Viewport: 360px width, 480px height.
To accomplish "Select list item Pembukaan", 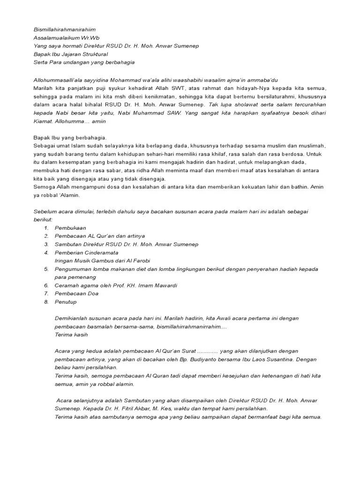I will (70, 228).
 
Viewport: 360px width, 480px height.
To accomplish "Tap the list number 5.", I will (46, 269).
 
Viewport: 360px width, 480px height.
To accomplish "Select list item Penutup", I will (67, 302).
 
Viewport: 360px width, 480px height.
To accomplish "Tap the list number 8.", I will (46, 302).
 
